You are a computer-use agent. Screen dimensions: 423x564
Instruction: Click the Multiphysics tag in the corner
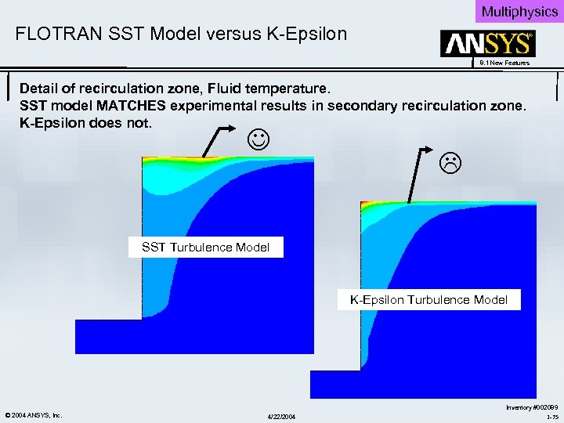pyautogui.click(x=519, y=11)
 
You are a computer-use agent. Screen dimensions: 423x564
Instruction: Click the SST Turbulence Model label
pyautogui.click(x=205, y=248)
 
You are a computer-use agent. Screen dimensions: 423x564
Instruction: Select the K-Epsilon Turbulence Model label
pyautogui.click(x=428, y=299)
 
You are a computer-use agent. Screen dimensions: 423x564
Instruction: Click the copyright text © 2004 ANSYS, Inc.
pyautogui.click(x=33, y=414)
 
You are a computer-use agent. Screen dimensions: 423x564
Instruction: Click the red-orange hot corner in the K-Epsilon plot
pyautogui.click(x=365, y=206)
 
